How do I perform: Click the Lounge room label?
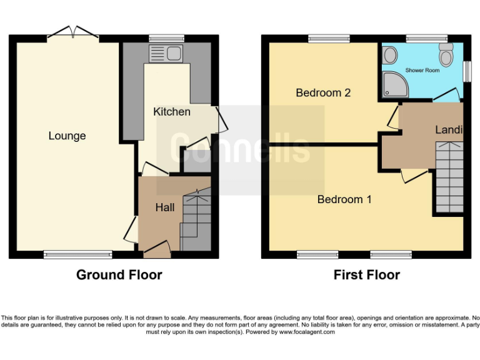point(67,136)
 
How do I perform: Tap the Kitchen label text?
point(172,112)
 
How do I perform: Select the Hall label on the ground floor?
point(165,207)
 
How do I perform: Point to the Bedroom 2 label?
point(323,93)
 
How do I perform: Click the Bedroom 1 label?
point(344,199)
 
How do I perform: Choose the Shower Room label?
point(422,71)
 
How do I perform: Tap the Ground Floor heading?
point(119,274)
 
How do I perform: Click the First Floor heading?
point(366,274)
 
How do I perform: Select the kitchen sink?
point(164,54)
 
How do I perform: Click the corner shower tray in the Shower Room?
point(393,85)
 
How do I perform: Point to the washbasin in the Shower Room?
point(390,56)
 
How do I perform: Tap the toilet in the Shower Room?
point(446,56)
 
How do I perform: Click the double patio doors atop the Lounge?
point(73,32)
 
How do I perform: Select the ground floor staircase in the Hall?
point(196,222)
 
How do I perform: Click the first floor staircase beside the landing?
point(449,177)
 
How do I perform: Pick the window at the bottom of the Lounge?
point(77,254)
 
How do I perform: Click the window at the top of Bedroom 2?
point(329,39)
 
